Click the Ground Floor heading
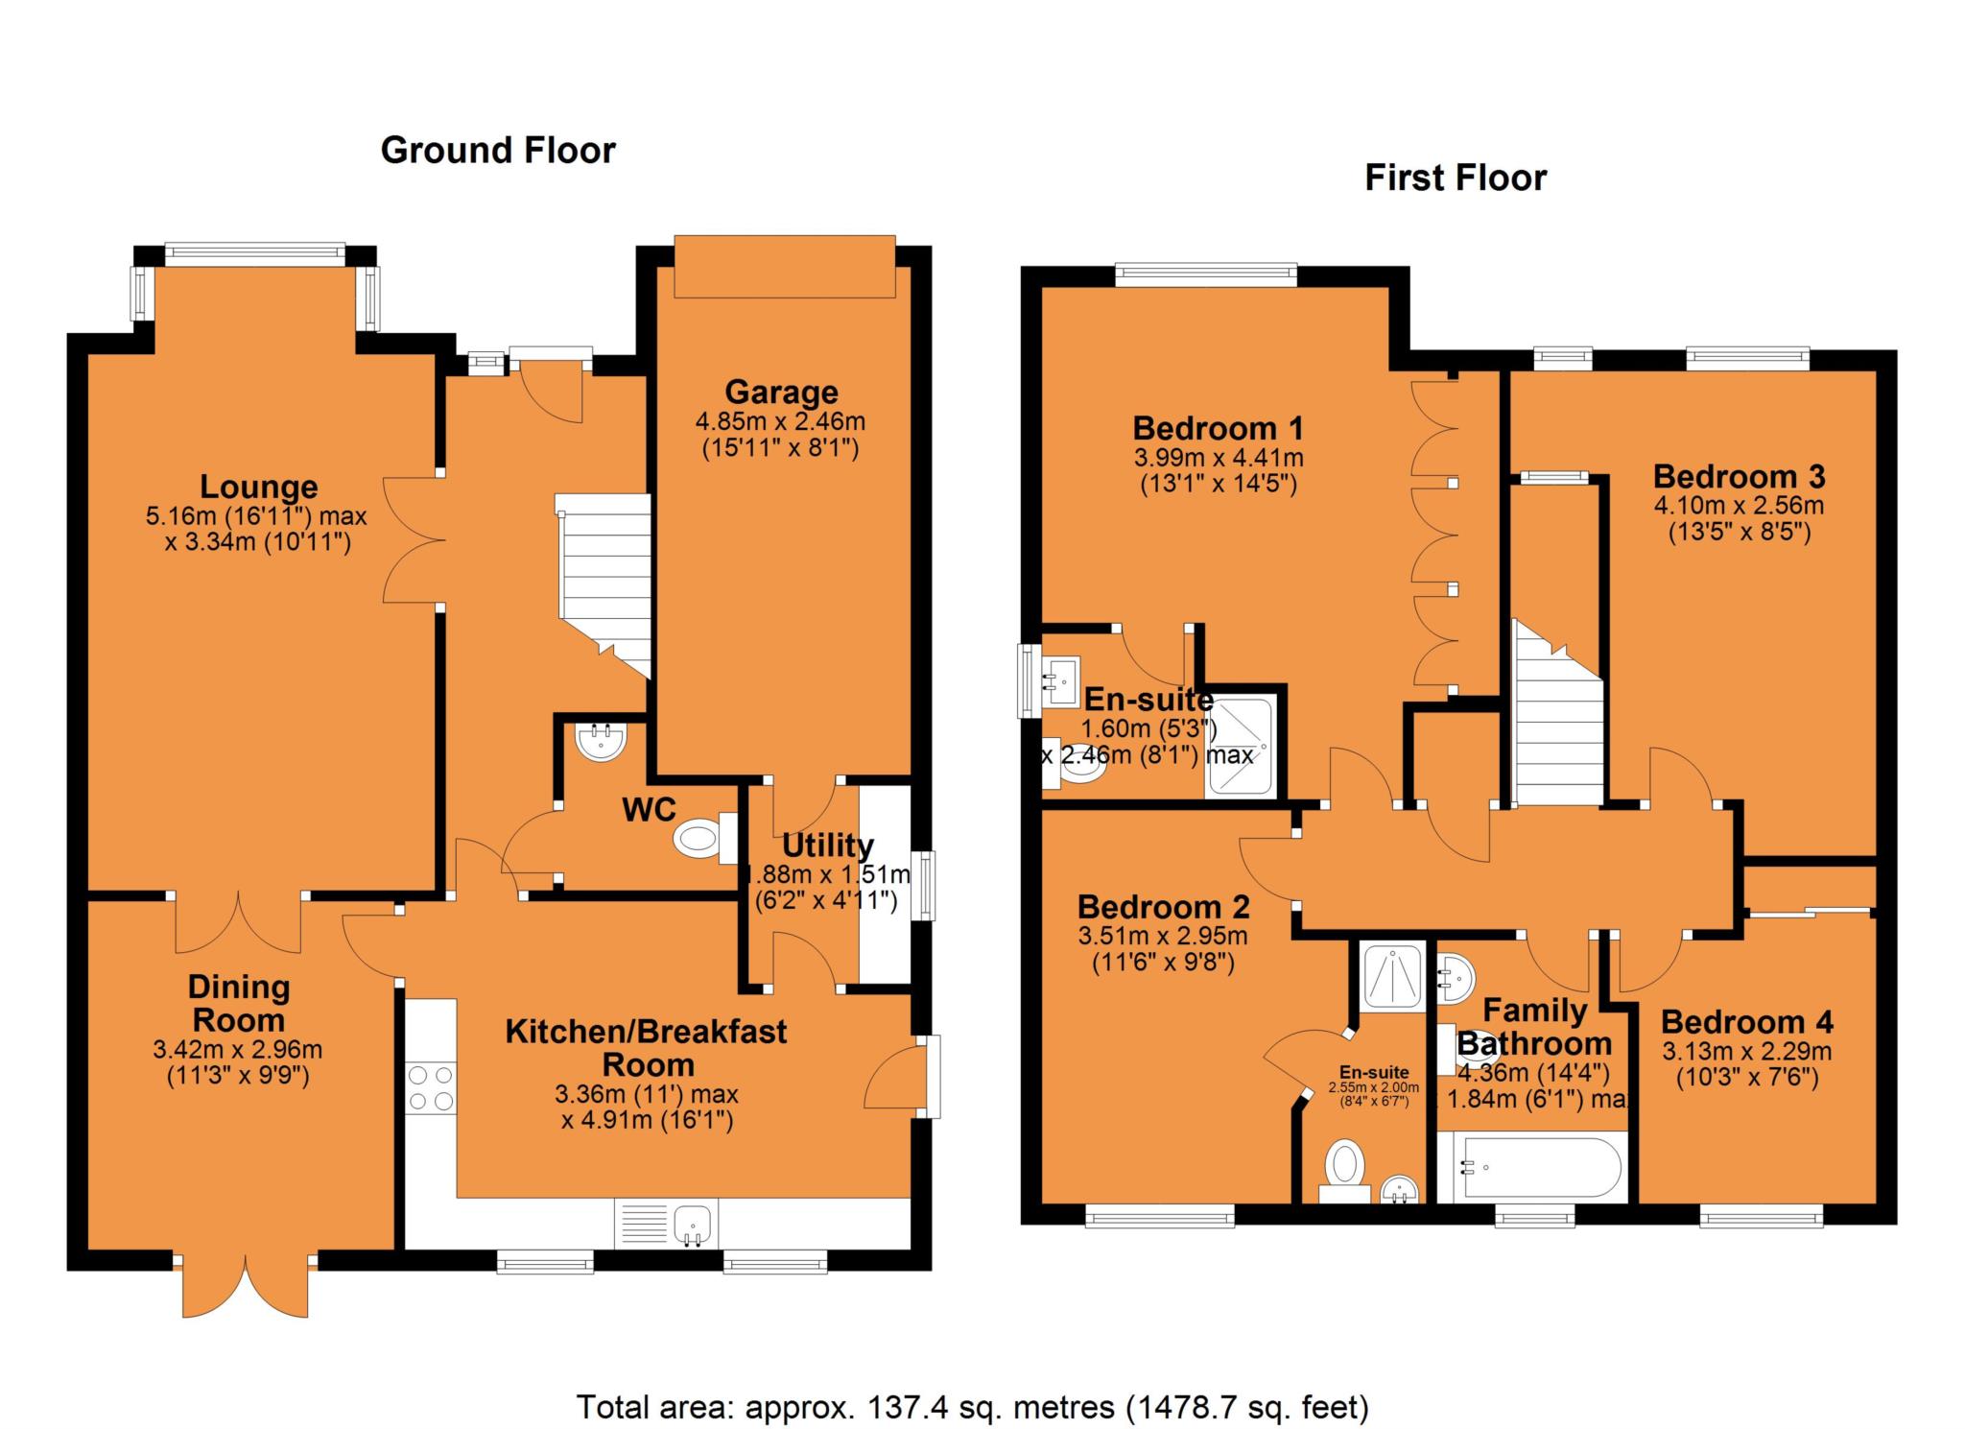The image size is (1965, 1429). click(498, 151)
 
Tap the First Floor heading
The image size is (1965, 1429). click(1456, 179)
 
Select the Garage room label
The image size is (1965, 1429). click(781, 392)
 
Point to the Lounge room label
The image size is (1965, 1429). click(259, 487)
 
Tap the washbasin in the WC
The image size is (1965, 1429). click(601, 740)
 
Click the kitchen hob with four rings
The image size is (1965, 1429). click(431, 1088)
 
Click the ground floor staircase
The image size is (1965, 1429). click(604, 585)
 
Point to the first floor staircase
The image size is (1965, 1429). click(1557, 712)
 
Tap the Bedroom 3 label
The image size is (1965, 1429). click(1739, 476)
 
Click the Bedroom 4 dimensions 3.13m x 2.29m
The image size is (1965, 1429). click(1747, 1051)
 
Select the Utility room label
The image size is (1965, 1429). click(828, 845)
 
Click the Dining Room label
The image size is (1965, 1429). click(239, 1003)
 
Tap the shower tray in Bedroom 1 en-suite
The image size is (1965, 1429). click(1243, 746)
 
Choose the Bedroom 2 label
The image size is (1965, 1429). click(1163, 906)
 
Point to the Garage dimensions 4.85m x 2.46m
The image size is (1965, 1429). click(780, 421)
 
